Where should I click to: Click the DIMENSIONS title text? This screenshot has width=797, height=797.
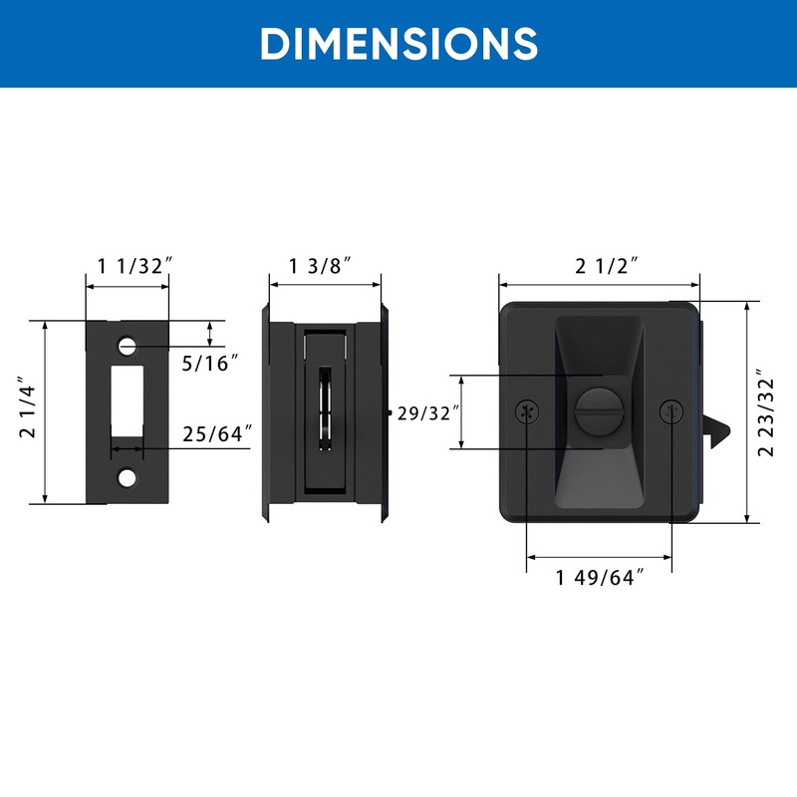coord(398,43)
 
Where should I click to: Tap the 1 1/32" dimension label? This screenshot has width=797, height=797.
coord(134,266)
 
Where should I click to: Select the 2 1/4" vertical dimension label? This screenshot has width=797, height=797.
coord(28,407)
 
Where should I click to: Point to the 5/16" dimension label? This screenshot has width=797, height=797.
coord(210,363)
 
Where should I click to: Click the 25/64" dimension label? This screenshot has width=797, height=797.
coord(217,434)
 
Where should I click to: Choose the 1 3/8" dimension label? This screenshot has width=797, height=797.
coord(320,266)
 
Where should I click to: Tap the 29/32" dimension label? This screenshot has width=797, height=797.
coord(429,413)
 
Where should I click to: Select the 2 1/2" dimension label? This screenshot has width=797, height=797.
coord(607,266)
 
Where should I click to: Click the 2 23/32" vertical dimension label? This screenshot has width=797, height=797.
coord(765,412)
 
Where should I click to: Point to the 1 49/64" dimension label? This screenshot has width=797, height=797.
coord(601,578)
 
